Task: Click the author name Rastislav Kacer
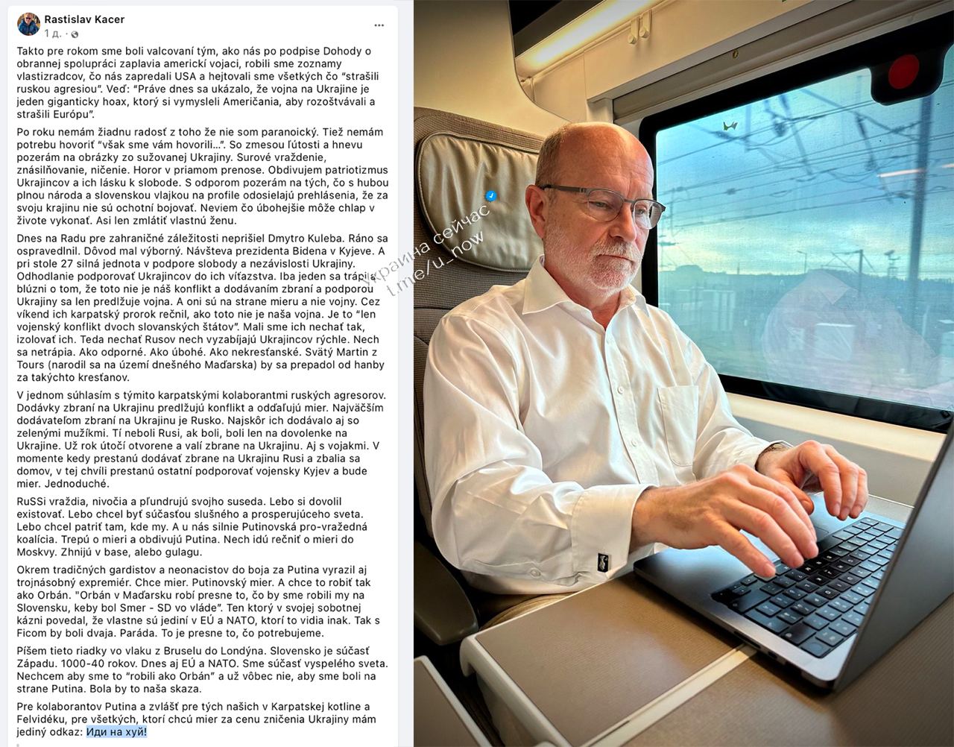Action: (84, 20)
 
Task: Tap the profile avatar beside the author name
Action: (29, 25)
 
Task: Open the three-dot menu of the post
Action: (379, 25)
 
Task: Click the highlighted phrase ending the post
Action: (116, 732)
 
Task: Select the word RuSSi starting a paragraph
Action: (32, 502)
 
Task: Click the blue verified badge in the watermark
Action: (491, 195)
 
